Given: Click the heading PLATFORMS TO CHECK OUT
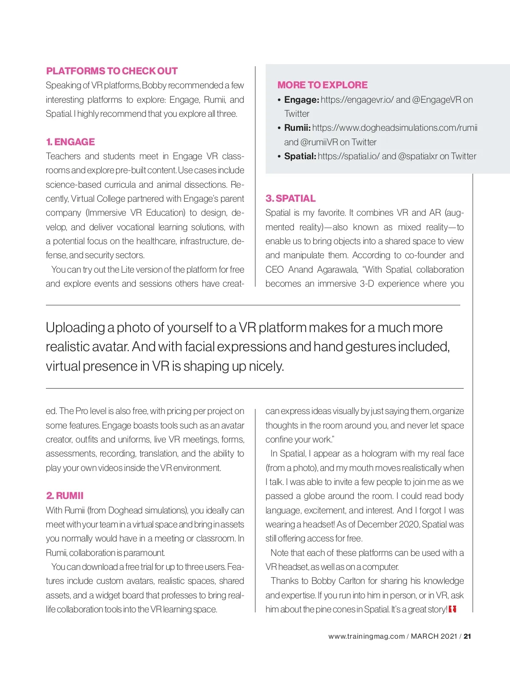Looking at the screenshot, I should (x=112, y=71).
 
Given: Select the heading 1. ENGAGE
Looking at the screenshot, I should (x=71, y=142).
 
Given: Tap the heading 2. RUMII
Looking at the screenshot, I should (x=65, y=496).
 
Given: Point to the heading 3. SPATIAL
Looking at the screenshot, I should (x=291, y=198).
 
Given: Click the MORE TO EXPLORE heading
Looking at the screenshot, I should (x=323, y=85).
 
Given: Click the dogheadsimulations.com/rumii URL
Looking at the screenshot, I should (x=395, y=128).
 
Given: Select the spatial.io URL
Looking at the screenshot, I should (x=348, y=156).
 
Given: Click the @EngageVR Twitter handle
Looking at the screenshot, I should (x=436, y=100).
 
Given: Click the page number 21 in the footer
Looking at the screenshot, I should (x=467, y=636).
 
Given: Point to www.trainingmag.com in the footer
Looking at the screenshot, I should (x=366, y=636).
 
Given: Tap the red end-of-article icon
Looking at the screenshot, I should (x=452, y=609).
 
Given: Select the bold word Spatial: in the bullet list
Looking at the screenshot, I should (x=300, y=156).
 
